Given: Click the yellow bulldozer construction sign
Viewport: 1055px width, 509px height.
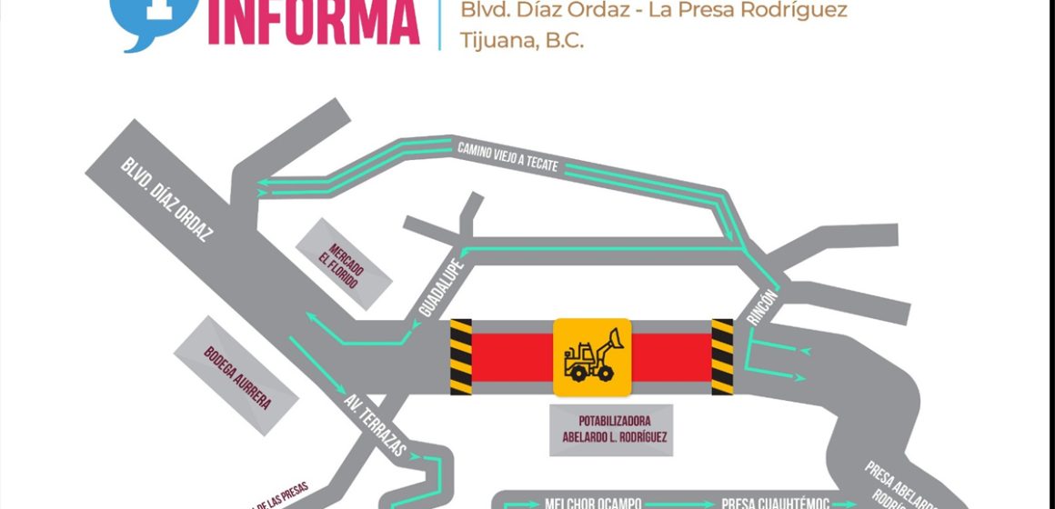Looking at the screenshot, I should [x=593, y=356].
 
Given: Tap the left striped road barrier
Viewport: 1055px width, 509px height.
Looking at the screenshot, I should [x=461, y=356].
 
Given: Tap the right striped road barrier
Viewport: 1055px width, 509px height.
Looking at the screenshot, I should [x=722, y=356].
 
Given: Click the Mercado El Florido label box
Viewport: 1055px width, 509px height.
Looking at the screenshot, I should [x=346, y=263].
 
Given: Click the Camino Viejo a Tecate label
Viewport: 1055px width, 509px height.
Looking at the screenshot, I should [x=507, y=155].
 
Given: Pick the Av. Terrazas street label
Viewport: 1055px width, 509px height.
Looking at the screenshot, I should [x=375, y=424].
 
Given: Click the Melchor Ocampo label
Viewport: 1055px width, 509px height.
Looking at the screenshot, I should [x=593, y=503].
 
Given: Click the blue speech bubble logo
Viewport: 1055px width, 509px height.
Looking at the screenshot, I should [x=146, y=20].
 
